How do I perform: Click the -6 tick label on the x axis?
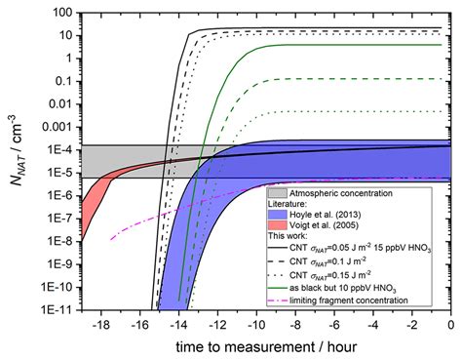pyautogui.click(x=333, y=324)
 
